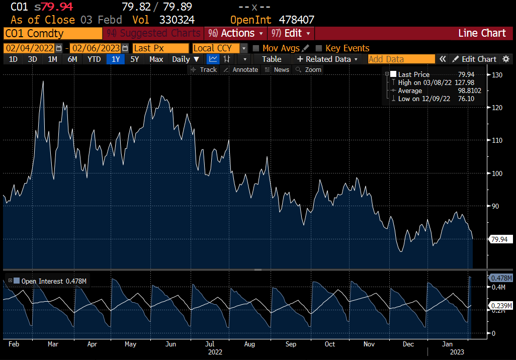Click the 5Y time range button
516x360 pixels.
click(x=134, y=59)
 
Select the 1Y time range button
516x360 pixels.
click(x=116, y=59)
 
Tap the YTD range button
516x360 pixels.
click(x=94, y=59)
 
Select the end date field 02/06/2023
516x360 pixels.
click(x=96, y=48)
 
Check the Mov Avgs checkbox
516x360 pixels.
click(x=256, y=48)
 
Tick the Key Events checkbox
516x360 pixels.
click(x=318, y=48)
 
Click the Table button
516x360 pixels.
click(x=272, y=59)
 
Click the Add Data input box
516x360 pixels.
click(x=401, y=59)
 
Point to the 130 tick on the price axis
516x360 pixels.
click(x=497, y=75)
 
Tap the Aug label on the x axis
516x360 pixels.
click(x=249, y=344)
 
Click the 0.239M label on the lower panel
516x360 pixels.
click(x=501, y=306)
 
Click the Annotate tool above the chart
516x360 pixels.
click(x=241, y=69)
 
